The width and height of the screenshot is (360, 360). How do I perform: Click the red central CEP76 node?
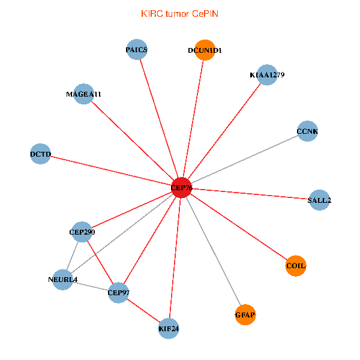coord(181,188)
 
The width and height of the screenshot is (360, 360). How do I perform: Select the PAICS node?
coord(137,50)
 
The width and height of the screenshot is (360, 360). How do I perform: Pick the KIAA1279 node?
coord(267,75)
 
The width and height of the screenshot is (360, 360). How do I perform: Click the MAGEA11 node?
coord(84,94)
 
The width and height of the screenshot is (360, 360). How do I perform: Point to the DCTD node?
coord(40,154)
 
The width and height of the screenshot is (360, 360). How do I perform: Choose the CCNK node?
coord(307,131)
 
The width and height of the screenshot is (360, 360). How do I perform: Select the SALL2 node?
coord(319,200)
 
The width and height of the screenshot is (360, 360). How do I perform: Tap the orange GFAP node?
coord(245,314)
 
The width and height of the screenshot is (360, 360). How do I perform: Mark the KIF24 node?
coord(169,329)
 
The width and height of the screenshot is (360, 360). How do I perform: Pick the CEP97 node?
coord(119,293)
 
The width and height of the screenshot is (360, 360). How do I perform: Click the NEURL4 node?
coord(63,280)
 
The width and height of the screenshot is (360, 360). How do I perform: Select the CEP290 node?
coord(82,232)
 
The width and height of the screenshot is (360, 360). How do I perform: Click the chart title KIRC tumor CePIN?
coord(179,13)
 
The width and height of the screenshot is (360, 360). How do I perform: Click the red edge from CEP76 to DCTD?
coord(110,171)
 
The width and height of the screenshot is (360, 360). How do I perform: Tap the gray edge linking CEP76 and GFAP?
coord(214,251)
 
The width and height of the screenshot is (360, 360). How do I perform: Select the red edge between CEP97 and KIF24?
coord(144,311)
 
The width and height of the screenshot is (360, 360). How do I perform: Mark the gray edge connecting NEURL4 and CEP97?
coord(91,286)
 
